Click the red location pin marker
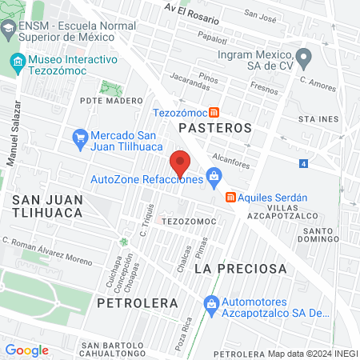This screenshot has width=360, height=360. click(x=181, y=163)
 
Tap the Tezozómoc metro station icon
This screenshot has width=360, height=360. click(x=214, y=112)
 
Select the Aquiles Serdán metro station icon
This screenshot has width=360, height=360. click(x=230, y=197)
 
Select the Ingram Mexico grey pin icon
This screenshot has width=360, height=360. click(x=304, y=56)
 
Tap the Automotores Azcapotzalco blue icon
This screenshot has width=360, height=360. click(x=211, y=304)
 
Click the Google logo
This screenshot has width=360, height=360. click(x=26, y=350)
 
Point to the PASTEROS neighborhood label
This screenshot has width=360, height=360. click(x=215, y=127)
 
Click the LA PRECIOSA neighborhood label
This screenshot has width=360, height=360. click(x=240, y=269)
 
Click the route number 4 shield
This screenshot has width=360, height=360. click(x=304, y=164)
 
